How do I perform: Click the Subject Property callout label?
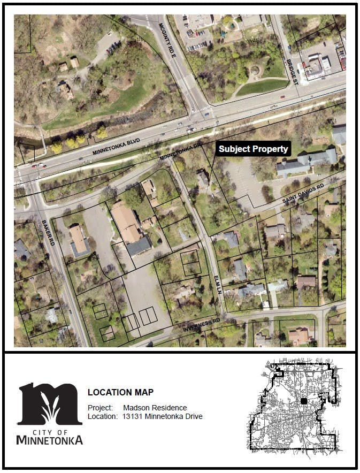[254, 149]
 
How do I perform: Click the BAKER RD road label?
[48, 233]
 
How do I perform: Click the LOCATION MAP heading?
[120, 392]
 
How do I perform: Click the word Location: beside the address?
[102, 416]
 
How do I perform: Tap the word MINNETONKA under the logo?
[50, 440]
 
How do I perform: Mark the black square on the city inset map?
[304, 401]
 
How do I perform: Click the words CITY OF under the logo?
[50, 431]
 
